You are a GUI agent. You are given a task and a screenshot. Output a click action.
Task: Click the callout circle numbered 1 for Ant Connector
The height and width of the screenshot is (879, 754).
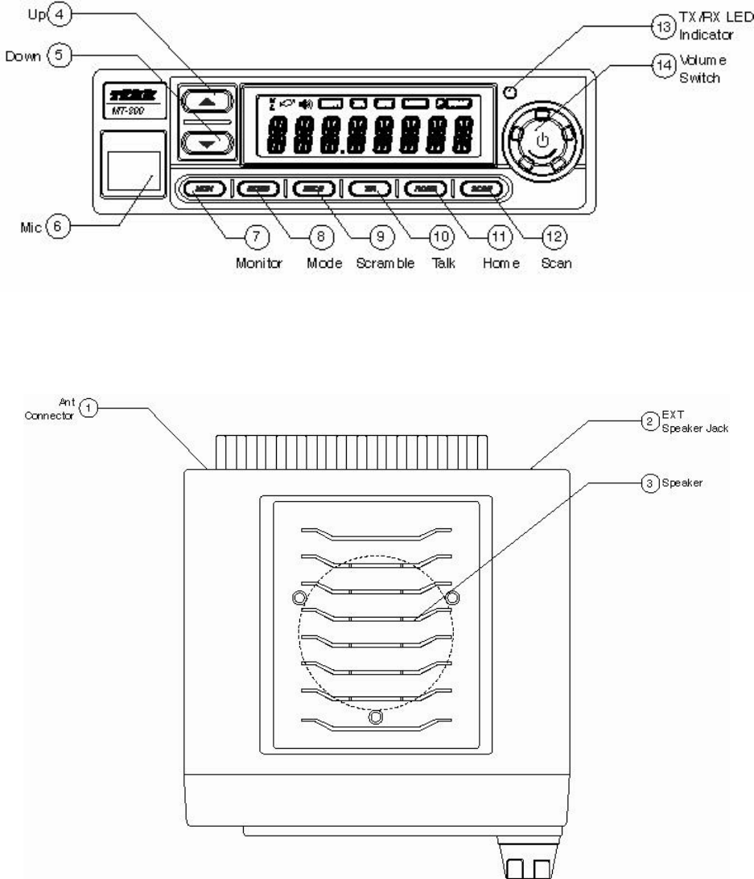click(92, 409)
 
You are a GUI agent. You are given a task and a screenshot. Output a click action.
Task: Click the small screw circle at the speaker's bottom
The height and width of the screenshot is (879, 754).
click(375, 717)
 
